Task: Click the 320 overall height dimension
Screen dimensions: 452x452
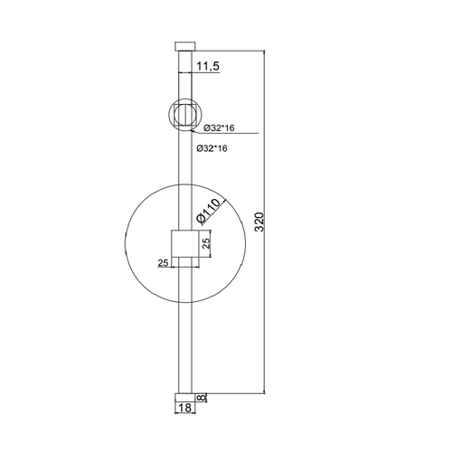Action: coord(259,221)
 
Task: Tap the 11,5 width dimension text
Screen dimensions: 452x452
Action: coord(208,66)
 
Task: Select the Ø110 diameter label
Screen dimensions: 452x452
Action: coord(209,211)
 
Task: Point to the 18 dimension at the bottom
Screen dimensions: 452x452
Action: coord(185,408)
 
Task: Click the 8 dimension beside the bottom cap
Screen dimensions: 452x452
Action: coord(202,398)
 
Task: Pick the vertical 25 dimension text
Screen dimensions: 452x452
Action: coord(206,242)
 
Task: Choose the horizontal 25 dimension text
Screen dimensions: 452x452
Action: coord(163,263)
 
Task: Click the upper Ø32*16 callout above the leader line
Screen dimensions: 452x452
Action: coord(219,128)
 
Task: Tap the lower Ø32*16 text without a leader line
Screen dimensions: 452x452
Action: coord(212,148)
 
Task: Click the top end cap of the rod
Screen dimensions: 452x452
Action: coord(185,46)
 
